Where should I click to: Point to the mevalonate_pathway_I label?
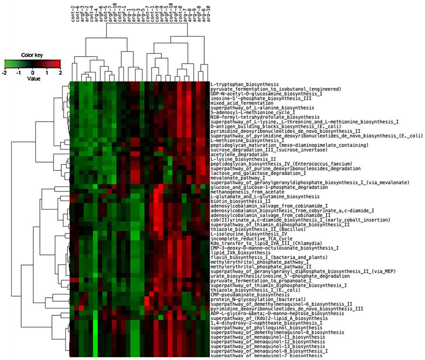coord(235,177)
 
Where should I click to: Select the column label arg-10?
coord(208,24)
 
